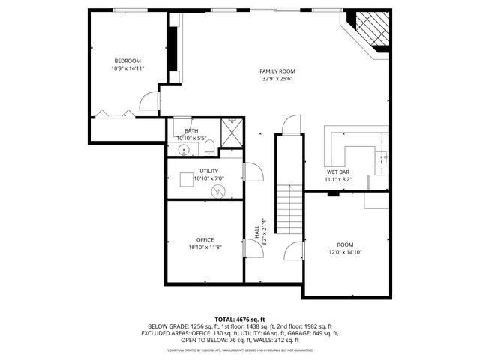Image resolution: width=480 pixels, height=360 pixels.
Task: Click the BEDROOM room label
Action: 127,61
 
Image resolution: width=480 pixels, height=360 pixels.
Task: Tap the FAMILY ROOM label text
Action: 277,70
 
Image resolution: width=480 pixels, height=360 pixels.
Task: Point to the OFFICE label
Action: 205,239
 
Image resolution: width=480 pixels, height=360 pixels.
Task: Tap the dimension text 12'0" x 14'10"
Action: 345,252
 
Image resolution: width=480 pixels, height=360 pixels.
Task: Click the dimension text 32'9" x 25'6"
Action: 277,78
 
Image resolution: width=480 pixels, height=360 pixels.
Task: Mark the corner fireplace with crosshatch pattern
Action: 370,31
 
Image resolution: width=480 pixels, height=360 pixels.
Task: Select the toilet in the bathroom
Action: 210,147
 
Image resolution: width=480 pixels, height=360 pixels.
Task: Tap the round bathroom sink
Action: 183,150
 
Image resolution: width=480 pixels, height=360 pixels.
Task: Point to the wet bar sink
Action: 382,157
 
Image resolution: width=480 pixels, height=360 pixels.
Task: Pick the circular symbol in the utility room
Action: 219,192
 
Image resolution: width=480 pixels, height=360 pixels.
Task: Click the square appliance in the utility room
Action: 186,181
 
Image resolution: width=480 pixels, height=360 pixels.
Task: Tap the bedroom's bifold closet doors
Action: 113,114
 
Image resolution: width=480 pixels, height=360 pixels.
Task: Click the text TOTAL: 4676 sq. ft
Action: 240,319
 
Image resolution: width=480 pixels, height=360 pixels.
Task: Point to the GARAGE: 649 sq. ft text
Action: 313,334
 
